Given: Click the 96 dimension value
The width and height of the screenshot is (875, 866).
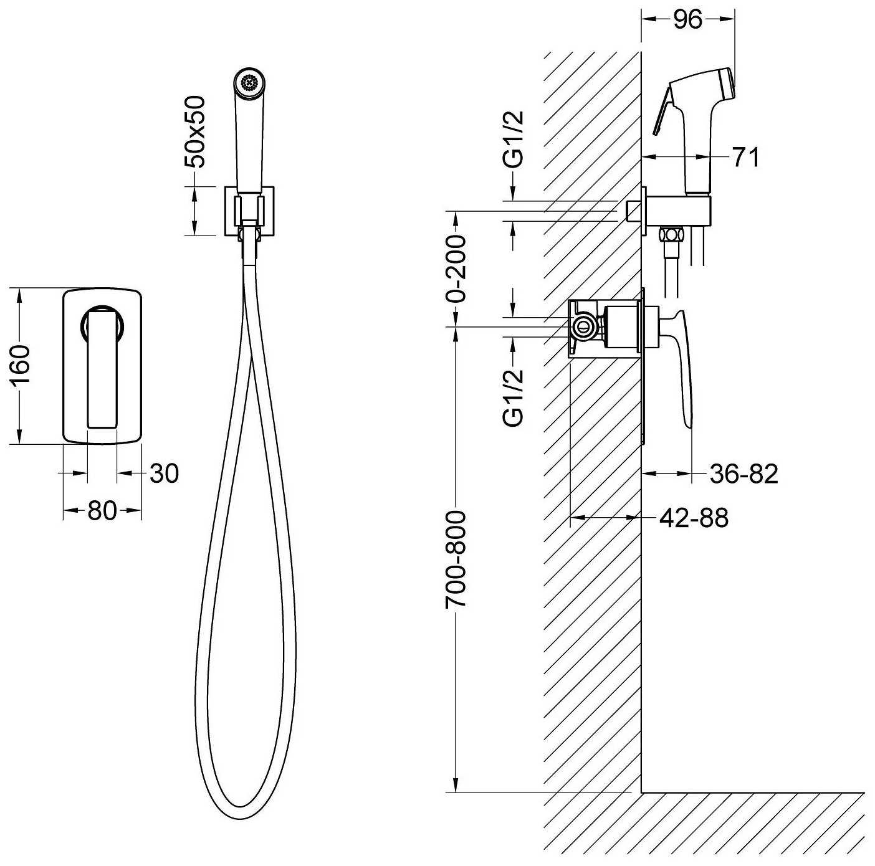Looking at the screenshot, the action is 688,21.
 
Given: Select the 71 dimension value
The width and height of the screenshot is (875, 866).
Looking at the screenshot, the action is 745,157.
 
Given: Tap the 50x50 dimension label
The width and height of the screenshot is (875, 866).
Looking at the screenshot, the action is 196,132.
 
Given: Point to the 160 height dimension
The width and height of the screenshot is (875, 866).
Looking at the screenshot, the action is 21,365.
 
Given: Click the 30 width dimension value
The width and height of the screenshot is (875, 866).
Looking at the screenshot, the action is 165,473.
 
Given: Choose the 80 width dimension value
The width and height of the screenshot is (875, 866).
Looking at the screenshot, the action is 102,511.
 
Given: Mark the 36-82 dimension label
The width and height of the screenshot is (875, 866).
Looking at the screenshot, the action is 744,473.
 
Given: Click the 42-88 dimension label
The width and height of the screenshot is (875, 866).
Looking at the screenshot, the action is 694,517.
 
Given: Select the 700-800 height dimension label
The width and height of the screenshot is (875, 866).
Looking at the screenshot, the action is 456,559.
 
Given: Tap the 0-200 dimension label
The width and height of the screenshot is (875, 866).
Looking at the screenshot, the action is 456,269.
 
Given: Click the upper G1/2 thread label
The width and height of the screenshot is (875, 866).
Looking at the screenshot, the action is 515,140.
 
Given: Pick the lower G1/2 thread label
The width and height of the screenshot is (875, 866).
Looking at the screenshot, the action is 514,398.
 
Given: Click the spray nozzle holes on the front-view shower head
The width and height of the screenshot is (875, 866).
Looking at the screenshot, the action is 249,83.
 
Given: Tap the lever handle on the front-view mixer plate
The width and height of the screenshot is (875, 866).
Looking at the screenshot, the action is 102,368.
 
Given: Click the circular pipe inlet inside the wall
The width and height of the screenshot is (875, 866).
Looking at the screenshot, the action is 583,326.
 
